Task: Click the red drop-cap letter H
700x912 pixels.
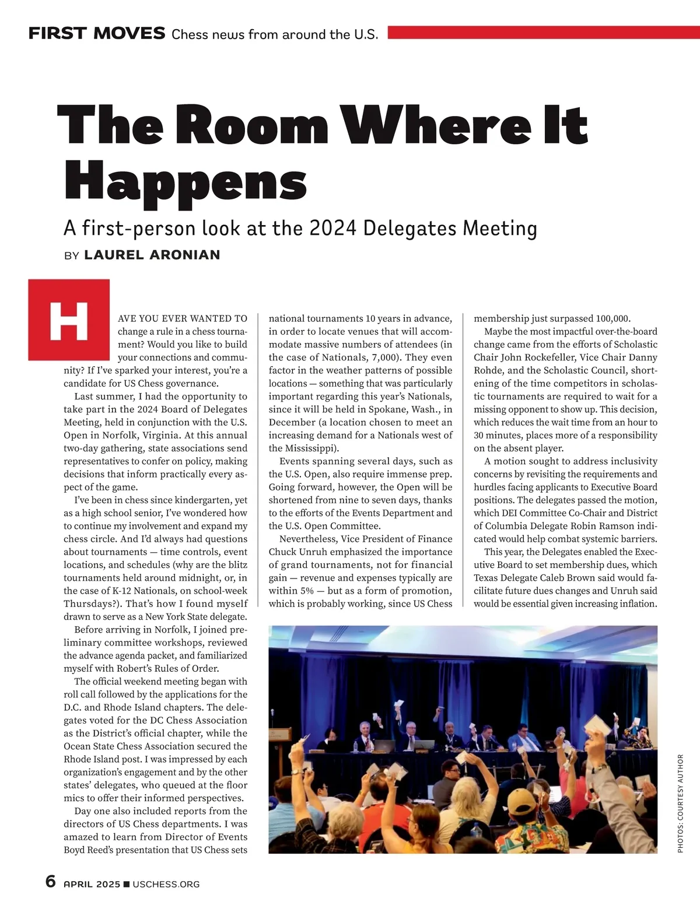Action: (x=69, y=320)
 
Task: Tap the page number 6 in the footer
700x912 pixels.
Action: (x=51, y=882)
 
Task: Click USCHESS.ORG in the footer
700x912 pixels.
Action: (x=166, y=884)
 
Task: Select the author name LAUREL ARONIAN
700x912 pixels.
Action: (x=152, y=255)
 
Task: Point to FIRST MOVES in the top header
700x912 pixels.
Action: (x=97, y=33)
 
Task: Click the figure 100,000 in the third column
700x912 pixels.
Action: (x=612, y=318)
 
